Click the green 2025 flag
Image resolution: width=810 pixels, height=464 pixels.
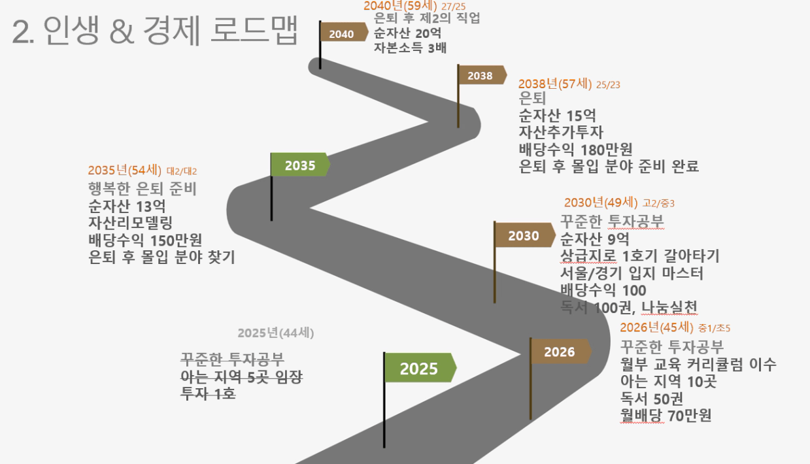(x=420, y=368)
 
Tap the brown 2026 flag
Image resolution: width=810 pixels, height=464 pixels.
(x=561, y=351)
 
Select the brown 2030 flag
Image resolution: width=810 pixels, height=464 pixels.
(x=525, y=235)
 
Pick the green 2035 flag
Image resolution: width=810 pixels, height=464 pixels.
(x=301, y=165)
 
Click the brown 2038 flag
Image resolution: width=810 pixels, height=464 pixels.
(x=482, y=75)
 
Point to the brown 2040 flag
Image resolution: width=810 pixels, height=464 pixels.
(x=344, y=32)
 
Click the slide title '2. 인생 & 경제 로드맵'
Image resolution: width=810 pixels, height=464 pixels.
(x=154, y=30)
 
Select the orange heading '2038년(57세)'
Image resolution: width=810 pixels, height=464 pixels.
(x=555, y=84)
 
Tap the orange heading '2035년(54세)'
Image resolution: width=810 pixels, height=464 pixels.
(x=125, y=170)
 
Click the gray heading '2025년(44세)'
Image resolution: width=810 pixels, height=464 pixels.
(x=275, y=333)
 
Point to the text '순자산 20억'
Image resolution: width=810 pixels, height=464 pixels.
(x=407, y=33)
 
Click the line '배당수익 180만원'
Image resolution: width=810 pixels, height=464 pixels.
(x=576, y=149)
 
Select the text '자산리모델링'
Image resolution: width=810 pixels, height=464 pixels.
(x=131, y=223)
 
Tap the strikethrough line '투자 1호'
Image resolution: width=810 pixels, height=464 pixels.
(x=208, y=393)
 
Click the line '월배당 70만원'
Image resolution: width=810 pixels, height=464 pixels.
(x=666, y=416)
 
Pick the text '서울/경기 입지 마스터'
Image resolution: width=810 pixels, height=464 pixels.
(x=632, y=273)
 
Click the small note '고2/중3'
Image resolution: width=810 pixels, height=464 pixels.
(x=658, y=203)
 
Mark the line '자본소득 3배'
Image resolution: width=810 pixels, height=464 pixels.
(x=410, y=48)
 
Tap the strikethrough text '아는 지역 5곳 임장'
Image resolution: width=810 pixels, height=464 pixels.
(x=241, y=377)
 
